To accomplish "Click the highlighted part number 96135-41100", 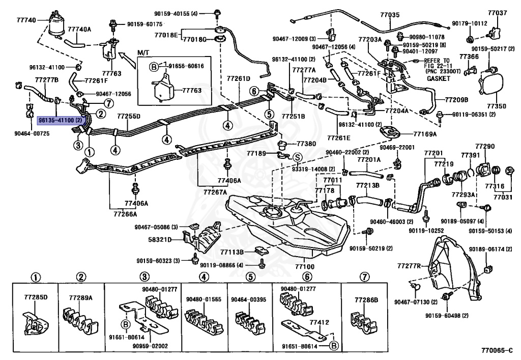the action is coord(60,120).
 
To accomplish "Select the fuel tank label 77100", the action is coord(304,266).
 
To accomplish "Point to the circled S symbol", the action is coord(297,157).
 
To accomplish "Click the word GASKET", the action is coord(438,79).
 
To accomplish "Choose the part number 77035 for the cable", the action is coord(390,15).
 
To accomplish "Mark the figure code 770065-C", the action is coord(497,350).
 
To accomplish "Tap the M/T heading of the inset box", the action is coord(142,53).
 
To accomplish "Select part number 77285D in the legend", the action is coord(36,297).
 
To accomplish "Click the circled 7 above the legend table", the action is coord(364,276).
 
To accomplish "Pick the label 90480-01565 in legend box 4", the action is coord(204,299).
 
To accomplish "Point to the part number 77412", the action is coord(320,322).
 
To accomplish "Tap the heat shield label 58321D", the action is coord(160,239).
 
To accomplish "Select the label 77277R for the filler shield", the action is coord(409,266).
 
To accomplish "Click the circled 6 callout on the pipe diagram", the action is coord(254,91).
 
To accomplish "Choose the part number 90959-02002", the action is coord(150,346).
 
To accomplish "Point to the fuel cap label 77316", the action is coord(495,186).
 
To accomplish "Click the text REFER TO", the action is coord(437,61).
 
